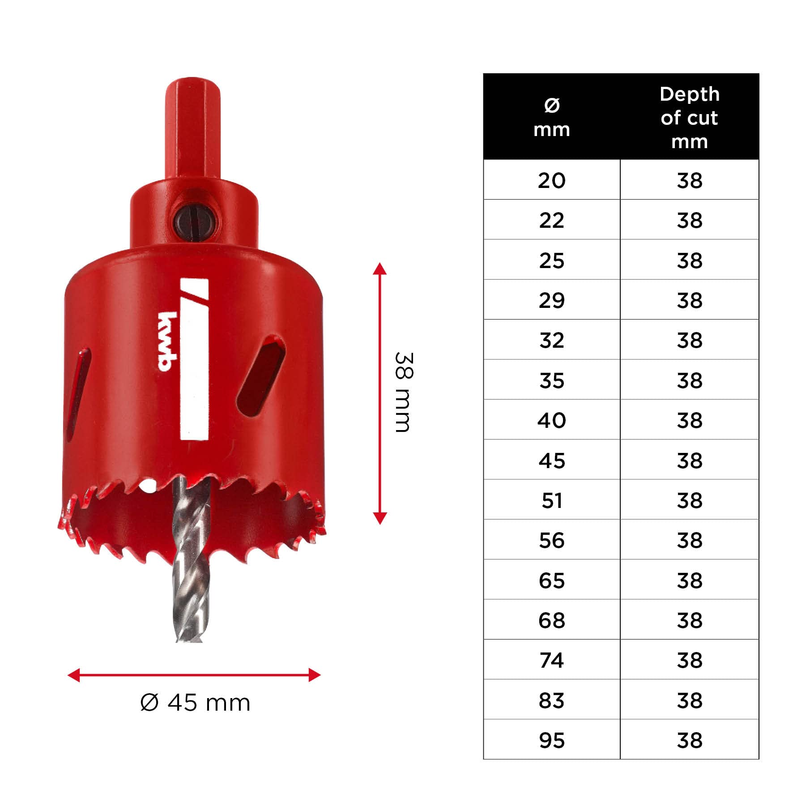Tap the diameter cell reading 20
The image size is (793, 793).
[552, 180]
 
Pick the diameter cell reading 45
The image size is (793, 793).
[552, 460]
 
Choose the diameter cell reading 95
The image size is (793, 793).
[552, 740]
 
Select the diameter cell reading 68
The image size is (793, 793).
[552, 620]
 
